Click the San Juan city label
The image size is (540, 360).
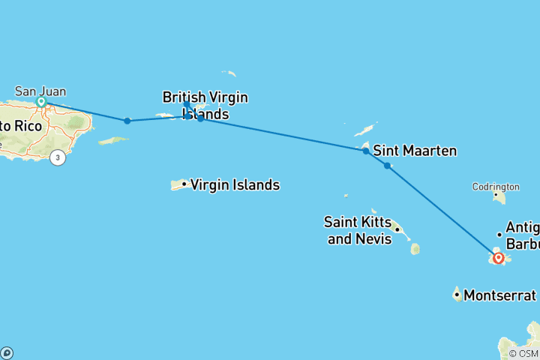(x=40, y=91)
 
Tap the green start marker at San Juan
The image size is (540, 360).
(x=42, y=101)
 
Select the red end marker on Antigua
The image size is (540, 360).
(x=498, y=258)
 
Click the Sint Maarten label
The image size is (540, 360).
(x=414, y=151)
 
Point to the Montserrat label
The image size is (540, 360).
(x=500, y=295)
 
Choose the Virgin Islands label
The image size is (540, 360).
(x=235, y=184)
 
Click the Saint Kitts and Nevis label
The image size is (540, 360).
(x=358, y=230)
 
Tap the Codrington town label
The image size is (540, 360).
(x=496, y=186)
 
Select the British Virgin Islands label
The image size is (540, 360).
(x=205, y=106)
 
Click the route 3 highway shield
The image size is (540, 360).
(x=57, y=158)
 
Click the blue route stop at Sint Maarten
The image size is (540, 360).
(x=365, y=151)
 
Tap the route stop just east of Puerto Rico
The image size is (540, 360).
(x=127, y=121)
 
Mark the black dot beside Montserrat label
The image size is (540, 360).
(x=457, y=295)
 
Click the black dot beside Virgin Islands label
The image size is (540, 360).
(x=184, y=184)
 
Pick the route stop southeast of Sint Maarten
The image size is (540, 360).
(x=387, y=165)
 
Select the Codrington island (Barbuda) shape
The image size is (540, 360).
(x=499, y=196)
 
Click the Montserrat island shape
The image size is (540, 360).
(x=457, y=292)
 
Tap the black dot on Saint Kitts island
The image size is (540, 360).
(x=397, y=229)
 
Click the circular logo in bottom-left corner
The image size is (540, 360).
(x=7, y=352)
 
